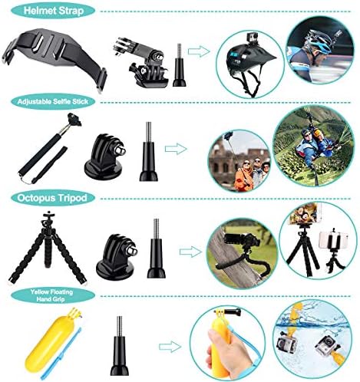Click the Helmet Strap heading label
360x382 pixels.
(x=53, y=11)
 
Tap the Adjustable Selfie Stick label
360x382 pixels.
(x=53, y=101)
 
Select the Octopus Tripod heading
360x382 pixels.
(x=53, y=198)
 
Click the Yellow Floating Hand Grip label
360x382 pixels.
(x=51, y=295)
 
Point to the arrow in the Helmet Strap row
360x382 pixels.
(x=199, y=51)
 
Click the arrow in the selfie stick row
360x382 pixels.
(x=176, y=149)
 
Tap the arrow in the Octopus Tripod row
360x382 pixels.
(x=190, y=252)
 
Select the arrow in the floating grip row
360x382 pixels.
(x=170, y=347)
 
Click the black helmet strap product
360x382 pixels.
(x=54, y=59)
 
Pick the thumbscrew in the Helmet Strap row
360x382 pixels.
(x=180, y=66)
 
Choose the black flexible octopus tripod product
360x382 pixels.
(x=48, y=248)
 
